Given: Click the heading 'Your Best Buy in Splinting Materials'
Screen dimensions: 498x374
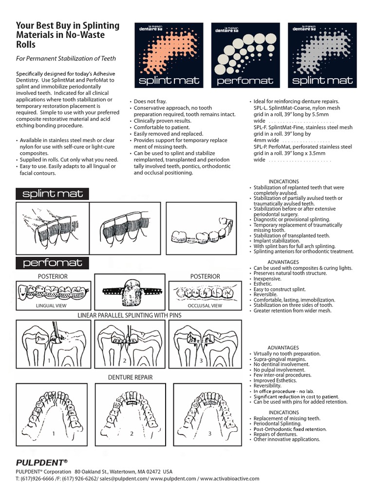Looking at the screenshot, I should click(x=61, y=35).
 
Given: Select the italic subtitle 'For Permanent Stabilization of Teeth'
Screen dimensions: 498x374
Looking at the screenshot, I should click(x=66, y=58).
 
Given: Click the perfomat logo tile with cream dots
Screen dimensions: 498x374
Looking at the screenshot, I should click(x=244, y=55).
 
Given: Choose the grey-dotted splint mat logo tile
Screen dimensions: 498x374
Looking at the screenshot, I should click(x=321, y=55).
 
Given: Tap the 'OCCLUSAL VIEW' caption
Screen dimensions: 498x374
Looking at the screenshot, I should click(x=205, y=306).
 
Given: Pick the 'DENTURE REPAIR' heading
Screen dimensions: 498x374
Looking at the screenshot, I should click(x=130, y=377).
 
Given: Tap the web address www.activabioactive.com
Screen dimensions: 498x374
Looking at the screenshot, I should click(x=230, y=479).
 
